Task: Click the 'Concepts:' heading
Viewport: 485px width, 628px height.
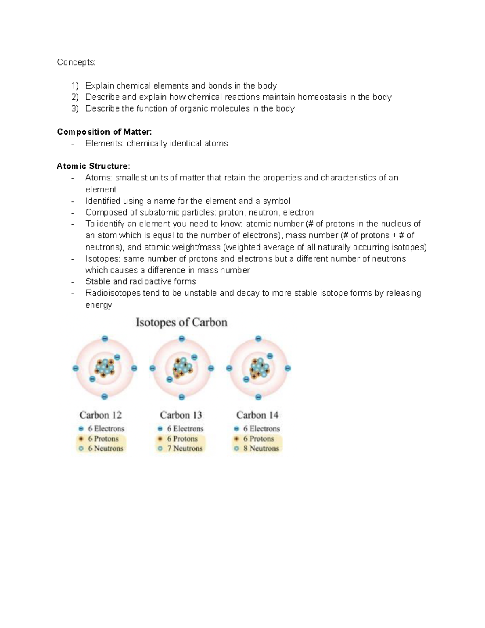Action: click(76, 62)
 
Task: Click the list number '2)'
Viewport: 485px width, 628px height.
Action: click(75, 97)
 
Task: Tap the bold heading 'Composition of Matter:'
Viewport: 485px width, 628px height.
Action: click(104, 132)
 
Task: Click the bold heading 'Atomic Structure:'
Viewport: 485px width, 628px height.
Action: click(93, 166)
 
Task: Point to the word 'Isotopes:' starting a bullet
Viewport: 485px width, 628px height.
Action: click(103, 259)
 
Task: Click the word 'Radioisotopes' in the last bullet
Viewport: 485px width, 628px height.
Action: click(113, 293)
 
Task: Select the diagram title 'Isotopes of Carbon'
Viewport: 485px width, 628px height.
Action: click(181, 322)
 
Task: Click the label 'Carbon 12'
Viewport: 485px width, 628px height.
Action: click(100, 415)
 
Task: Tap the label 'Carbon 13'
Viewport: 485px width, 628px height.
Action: click(181, 415)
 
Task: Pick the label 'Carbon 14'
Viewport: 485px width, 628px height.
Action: click(257, 415)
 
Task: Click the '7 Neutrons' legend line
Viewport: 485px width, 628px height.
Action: click(185, 448)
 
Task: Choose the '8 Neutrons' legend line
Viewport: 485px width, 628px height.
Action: click(261, 448)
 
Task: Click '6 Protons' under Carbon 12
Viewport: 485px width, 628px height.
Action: click(103, 439)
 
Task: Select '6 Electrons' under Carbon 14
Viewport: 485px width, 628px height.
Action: click(261, 429)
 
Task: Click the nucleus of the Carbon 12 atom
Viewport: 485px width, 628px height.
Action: click(105, 367)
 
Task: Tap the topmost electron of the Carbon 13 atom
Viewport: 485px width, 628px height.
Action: click(181, 338)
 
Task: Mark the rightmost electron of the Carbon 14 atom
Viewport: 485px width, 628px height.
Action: click(288, 368)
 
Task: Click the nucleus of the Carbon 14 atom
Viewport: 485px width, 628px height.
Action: click(259, 368)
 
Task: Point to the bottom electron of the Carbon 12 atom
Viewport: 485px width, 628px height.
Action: click(105, 397)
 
